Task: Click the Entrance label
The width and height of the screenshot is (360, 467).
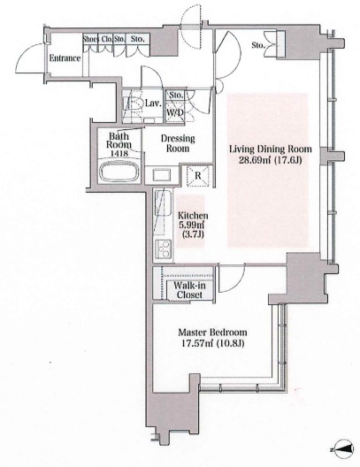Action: coord(65,58)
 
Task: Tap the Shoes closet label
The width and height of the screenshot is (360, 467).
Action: coord(90,39)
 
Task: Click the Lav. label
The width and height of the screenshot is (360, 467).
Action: coord(154,103)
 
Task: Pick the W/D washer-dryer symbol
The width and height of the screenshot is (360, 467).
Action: coord(175,112)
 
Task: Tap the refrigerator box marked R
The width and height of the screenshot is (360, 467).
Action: coord(198,175)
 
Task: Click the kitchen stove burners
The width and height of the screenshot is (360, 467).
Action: coord(163,249)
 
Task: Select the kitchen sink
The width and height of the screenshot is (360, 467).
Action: coord(163,203)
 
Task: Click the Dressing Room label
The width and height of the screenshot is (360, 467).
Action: coord(178,143)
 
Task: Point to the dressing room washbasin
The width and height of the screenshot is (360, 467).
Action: coord(162,174)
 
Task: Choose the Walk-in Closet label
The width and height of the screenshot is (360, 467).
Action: coord(189,290)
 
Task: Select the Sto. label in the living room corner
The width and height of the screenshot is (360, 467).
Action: coord(258,45)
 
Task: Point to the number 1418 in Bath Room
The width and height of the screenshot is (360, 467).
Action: coord(119,153)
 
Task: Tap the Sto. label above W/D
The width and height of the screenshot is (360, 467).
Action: coord(176,95)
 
